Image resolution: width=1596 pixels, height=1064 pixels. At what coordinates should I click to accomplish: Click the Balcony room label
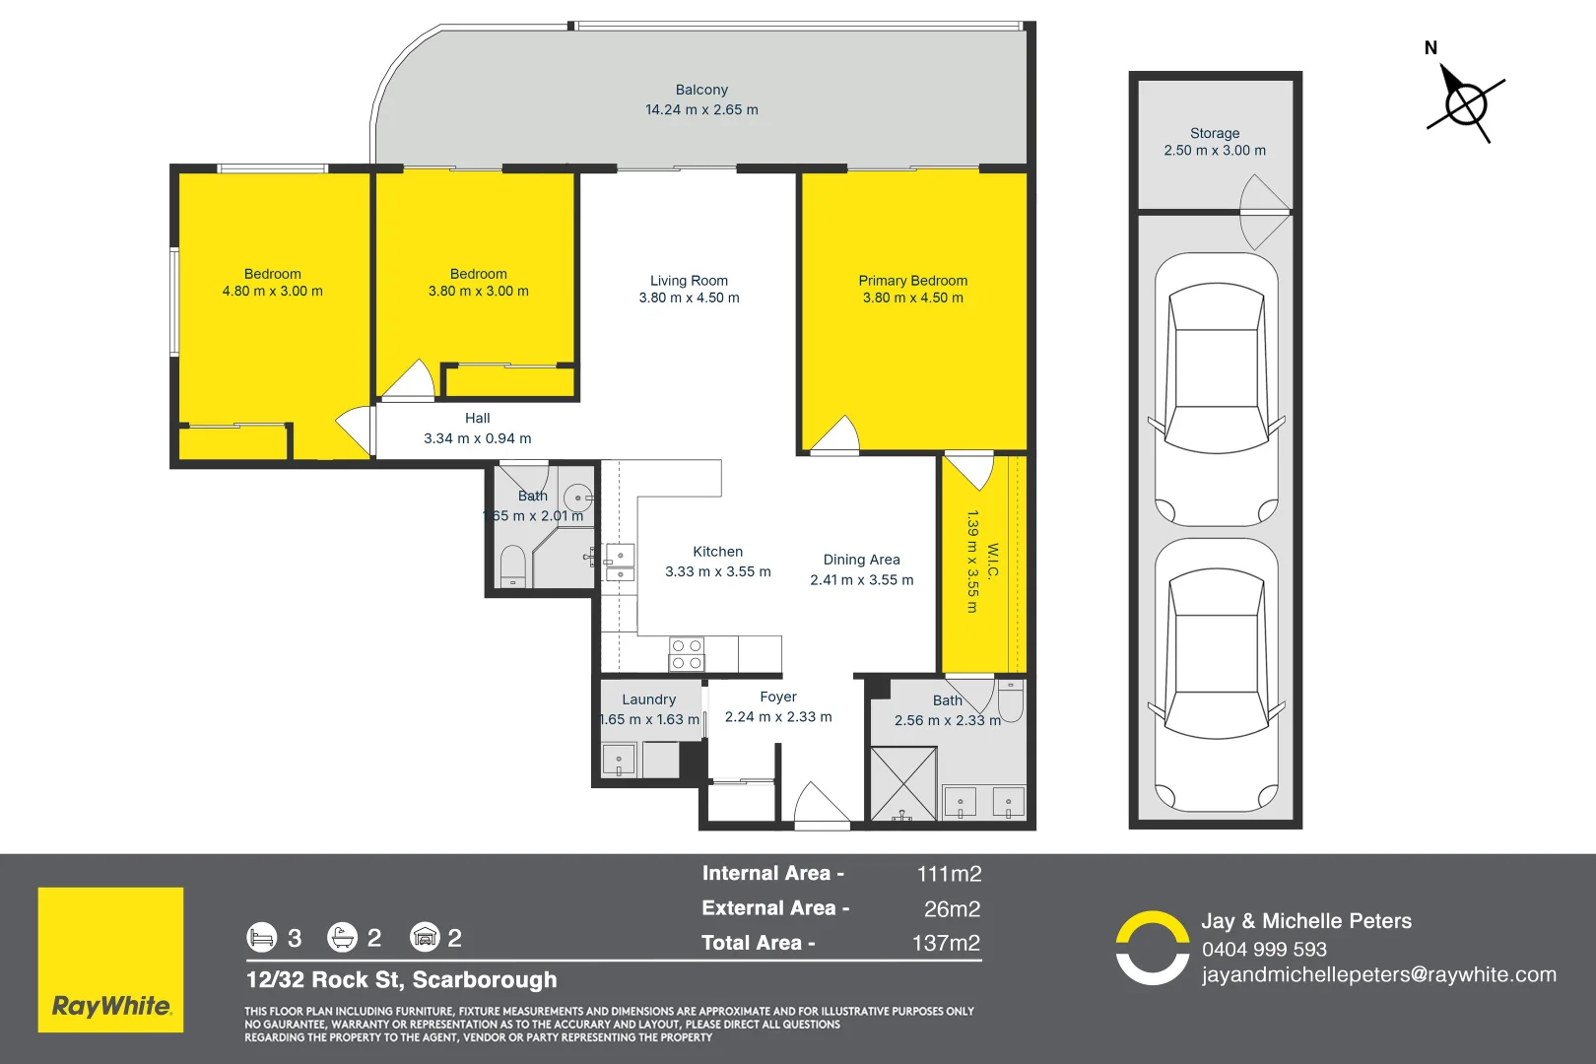701,90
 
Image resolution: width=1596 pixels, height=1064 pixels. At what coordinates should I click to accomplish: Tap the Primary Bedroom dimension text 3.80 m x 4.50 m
912,298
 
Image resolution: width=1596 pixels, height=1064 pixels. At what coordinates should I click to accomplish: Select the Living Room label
689,281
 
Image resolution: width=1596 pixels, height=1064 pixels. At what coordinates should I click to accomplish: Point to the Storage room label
1215,133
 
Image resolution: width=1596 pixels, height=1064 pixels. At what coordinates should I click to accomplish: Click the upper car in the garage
1216,390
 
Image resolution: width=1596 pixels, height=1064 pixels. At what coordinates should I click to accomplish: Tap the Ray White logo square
110,960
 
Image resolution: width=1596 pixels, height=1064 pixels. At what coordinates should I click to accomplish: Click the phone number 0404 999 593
1264,949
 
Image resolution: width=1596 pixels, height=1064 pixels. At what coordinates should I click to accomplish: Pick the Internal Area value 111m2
949,874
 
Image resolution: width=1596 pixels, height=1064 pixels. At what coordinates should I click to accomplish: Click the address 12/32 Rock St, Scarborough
401,980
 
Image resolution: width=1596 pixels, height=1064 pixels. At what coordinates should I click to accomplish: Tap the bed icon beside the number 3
261,937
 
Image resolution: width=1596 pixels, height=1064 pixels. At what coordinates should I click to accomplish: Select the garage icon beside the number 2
425,937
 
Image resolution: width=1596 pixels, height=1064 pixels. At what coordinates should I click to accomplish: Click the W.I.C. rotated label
993,561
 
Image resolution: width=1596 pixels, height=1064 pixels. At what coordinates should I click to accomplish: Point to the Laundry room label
648,699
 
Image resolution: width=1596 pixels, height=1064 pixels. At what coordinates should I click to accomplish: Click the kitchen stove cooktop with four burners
687,654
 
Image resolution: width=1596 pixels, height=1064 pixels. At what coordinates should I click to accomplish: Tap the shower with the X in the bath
902,783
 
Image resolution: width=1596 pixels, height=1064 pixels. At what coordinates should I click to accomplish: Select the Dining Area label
861,560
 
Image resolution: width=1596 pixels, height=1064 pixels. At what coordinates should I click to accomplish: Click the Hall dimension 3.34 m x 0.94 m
477,438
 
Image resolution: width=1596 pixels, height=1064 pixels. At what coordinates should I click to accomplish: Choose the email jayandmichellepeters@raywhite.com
1378,974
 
